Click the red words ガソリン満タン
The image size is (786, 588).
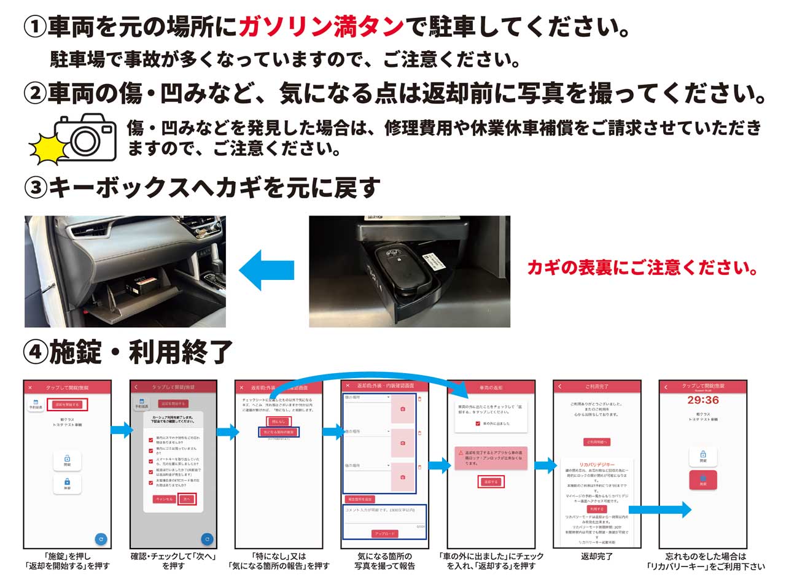[321, 27]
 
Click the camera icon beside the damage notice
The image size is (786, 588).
[85, 137]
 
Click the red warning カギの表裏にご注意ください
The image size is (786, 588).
[642, 268]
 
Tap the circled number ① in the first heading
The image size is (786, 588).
[34, 27]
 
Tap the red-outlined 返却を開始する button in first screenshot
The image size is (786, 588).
[68, 404]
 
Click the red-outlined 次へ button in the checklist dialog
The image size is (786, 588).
[187, 499]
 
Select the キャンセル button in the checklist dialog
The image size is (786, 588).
[164, 499]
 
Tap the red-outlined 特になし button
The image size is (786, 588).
[279, 422]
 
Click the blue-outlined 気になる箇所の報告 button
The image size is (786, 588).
[279, 432]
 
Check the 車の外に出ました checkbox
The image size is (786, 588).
[478, 424]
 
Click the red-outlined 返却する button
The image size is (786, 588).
[491, 482]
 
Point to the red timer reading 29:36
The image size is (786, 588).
[703, 400]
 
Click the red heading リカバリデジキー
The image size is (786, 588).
[597, 465]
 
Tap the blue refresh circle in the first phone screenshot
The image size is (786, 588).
[101, 539]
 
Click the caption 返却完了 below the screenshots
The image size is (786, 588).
[597, 557]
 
